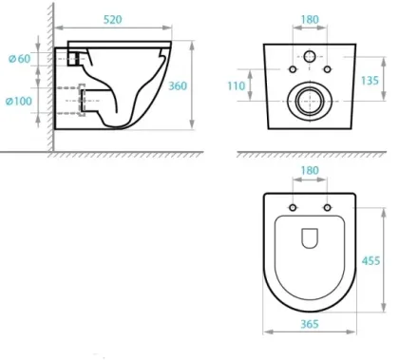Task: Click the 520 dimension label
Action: [113, 20]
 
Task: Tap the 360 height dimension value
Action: [178, 85]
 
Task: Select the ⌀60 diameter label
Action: [20, 59]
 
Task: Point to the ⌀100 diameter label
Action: [19, 101]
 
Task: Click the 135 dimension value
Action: [370, 81]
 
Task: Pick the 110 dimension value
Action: [237, 85]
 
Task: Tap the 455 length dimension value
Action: [370, 260]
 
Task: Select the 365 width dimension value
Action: [310, 324]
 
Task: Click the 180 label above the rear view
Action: [310, 20]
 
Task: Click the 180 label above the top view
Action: [310, 171]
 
